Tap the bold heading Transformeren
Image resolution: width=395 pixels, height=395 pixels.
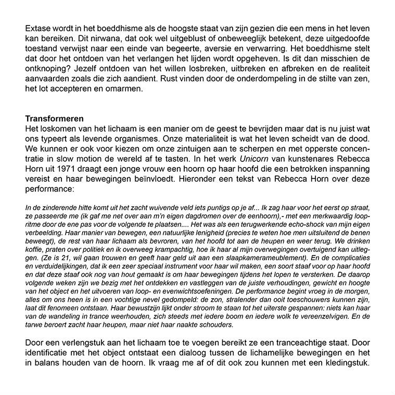[55, 119]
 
